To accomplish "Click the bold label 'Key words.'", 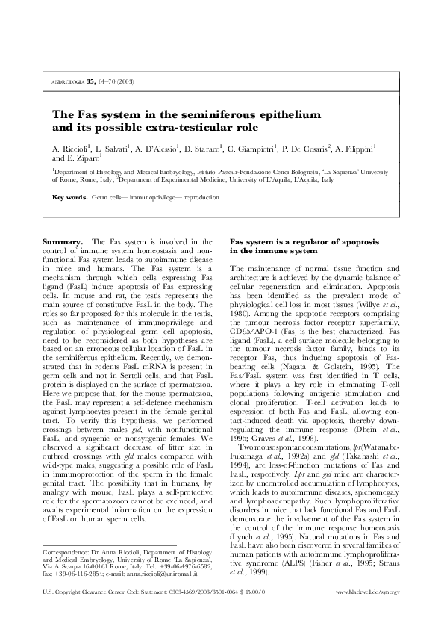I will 69,198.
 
